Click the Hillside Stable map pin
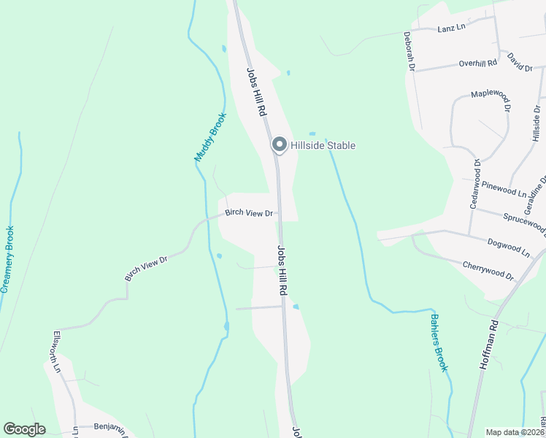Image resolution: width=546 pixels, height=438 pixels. pyautogui.click(x=279, y=145)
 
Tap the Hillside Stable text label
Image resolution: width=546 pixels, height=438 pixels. pyautogui.click(x=323, y=145)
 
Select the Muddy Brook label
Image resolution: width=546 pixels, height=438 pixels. pyautogui.click(x=210, y=137)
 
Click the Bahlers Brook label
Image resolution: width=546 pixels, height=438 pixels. pyautogui.click(x=438, y=342)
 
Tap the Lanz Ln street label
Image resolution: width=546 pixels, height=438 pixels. pyautogui.click(x=451, y=28)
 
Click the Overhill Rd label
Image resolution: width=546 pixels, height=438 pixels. pyautogui.click(x=478, y=64)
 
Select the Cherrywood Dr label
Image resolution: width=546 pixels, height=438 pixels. pyautogui.click(x=488, y=271)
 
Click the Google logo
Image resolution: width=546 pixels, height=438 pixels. pyautogui.click(x=24, y=429)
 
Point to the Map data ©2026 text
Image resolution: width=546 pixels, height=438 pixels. pyautogui.click(x=515, y=432)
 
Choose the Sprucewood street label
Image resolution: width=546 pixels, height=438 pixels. pyautogui.click(x=524, y=223)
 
